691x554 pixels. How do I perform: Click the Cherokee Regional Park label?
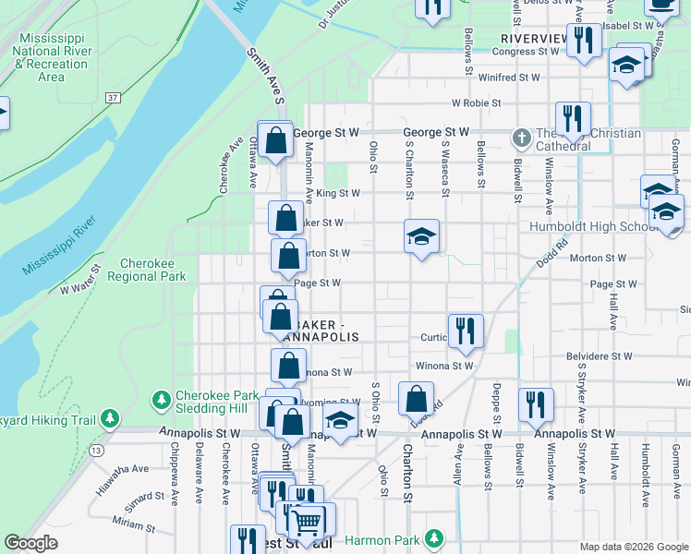147,270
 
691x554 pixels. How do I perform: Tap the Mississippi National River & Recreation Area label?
52,56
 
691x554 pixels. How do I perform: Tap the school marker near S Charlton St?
421,236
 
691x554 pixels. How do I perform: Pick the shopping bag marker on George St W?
276,141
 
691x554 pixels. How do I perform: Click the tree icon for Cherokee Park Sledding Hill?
162,399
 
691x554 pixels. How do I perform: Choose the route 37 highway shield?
113,97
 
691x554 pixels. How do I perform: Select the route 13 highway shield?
96,450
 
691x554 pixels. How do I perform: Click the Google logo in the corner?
31,543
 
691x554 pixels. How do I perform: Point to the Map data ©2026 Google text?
633,547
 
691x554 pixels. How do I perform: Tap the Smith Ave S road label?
263,77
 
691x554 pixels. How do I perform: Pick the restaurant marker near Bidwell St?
536,403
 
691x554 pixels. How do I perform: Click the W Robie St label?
476,103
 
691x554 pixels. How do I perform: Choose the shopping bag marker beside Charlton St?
417,399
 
